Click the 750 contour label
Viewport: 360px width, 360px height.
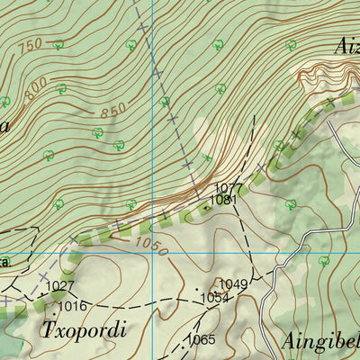pos(31,46)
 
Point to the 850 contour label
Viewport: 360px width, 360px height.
pos(113,113)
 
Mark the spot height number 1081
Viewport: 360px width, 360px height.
pos(223,200)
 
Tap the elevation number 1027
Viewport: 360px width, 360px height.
pos(60,286)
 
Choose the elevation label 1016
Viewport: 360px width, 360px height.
pos(73,306)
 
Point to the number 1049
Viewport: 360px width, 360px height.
pos(233,284)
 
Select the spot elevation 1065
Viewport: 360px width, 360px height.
pos(202,339)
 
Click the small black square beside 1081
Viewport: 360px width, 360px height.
pos(206,206)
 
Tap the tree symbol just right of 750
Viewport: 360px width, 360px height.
pos(58,43)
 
